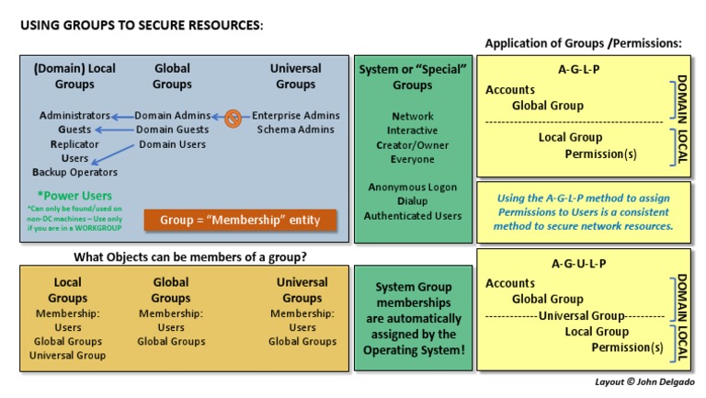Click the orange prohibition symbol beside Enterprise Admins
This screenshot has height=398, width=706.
point(233,117)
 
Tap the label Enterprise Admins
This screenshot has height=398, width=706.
point(295,116)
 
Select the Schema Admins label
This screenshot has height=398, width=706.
point(295,131)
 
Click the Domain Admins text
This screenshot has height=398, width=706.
point(172,116)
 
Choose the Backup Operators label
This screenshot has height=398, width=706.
point(74,173)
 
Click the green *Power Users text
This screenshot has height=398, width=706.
point(74,196)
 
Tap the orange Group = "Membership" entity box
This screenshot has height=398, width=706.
point(240,221)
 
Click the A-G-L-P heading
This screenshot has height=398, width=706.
point(579,69)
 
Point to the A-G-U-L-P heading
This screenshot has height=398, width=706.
point(579,264)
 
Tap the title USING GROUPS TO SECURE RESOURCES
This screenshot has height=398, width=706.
point(142,26)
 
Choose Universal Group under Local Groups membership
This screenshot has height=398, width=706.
point(67,355)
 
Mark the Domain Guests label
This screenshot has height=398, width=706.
point(172,131)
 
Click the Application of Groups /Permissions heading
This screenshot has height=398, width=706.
point(583,43)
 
